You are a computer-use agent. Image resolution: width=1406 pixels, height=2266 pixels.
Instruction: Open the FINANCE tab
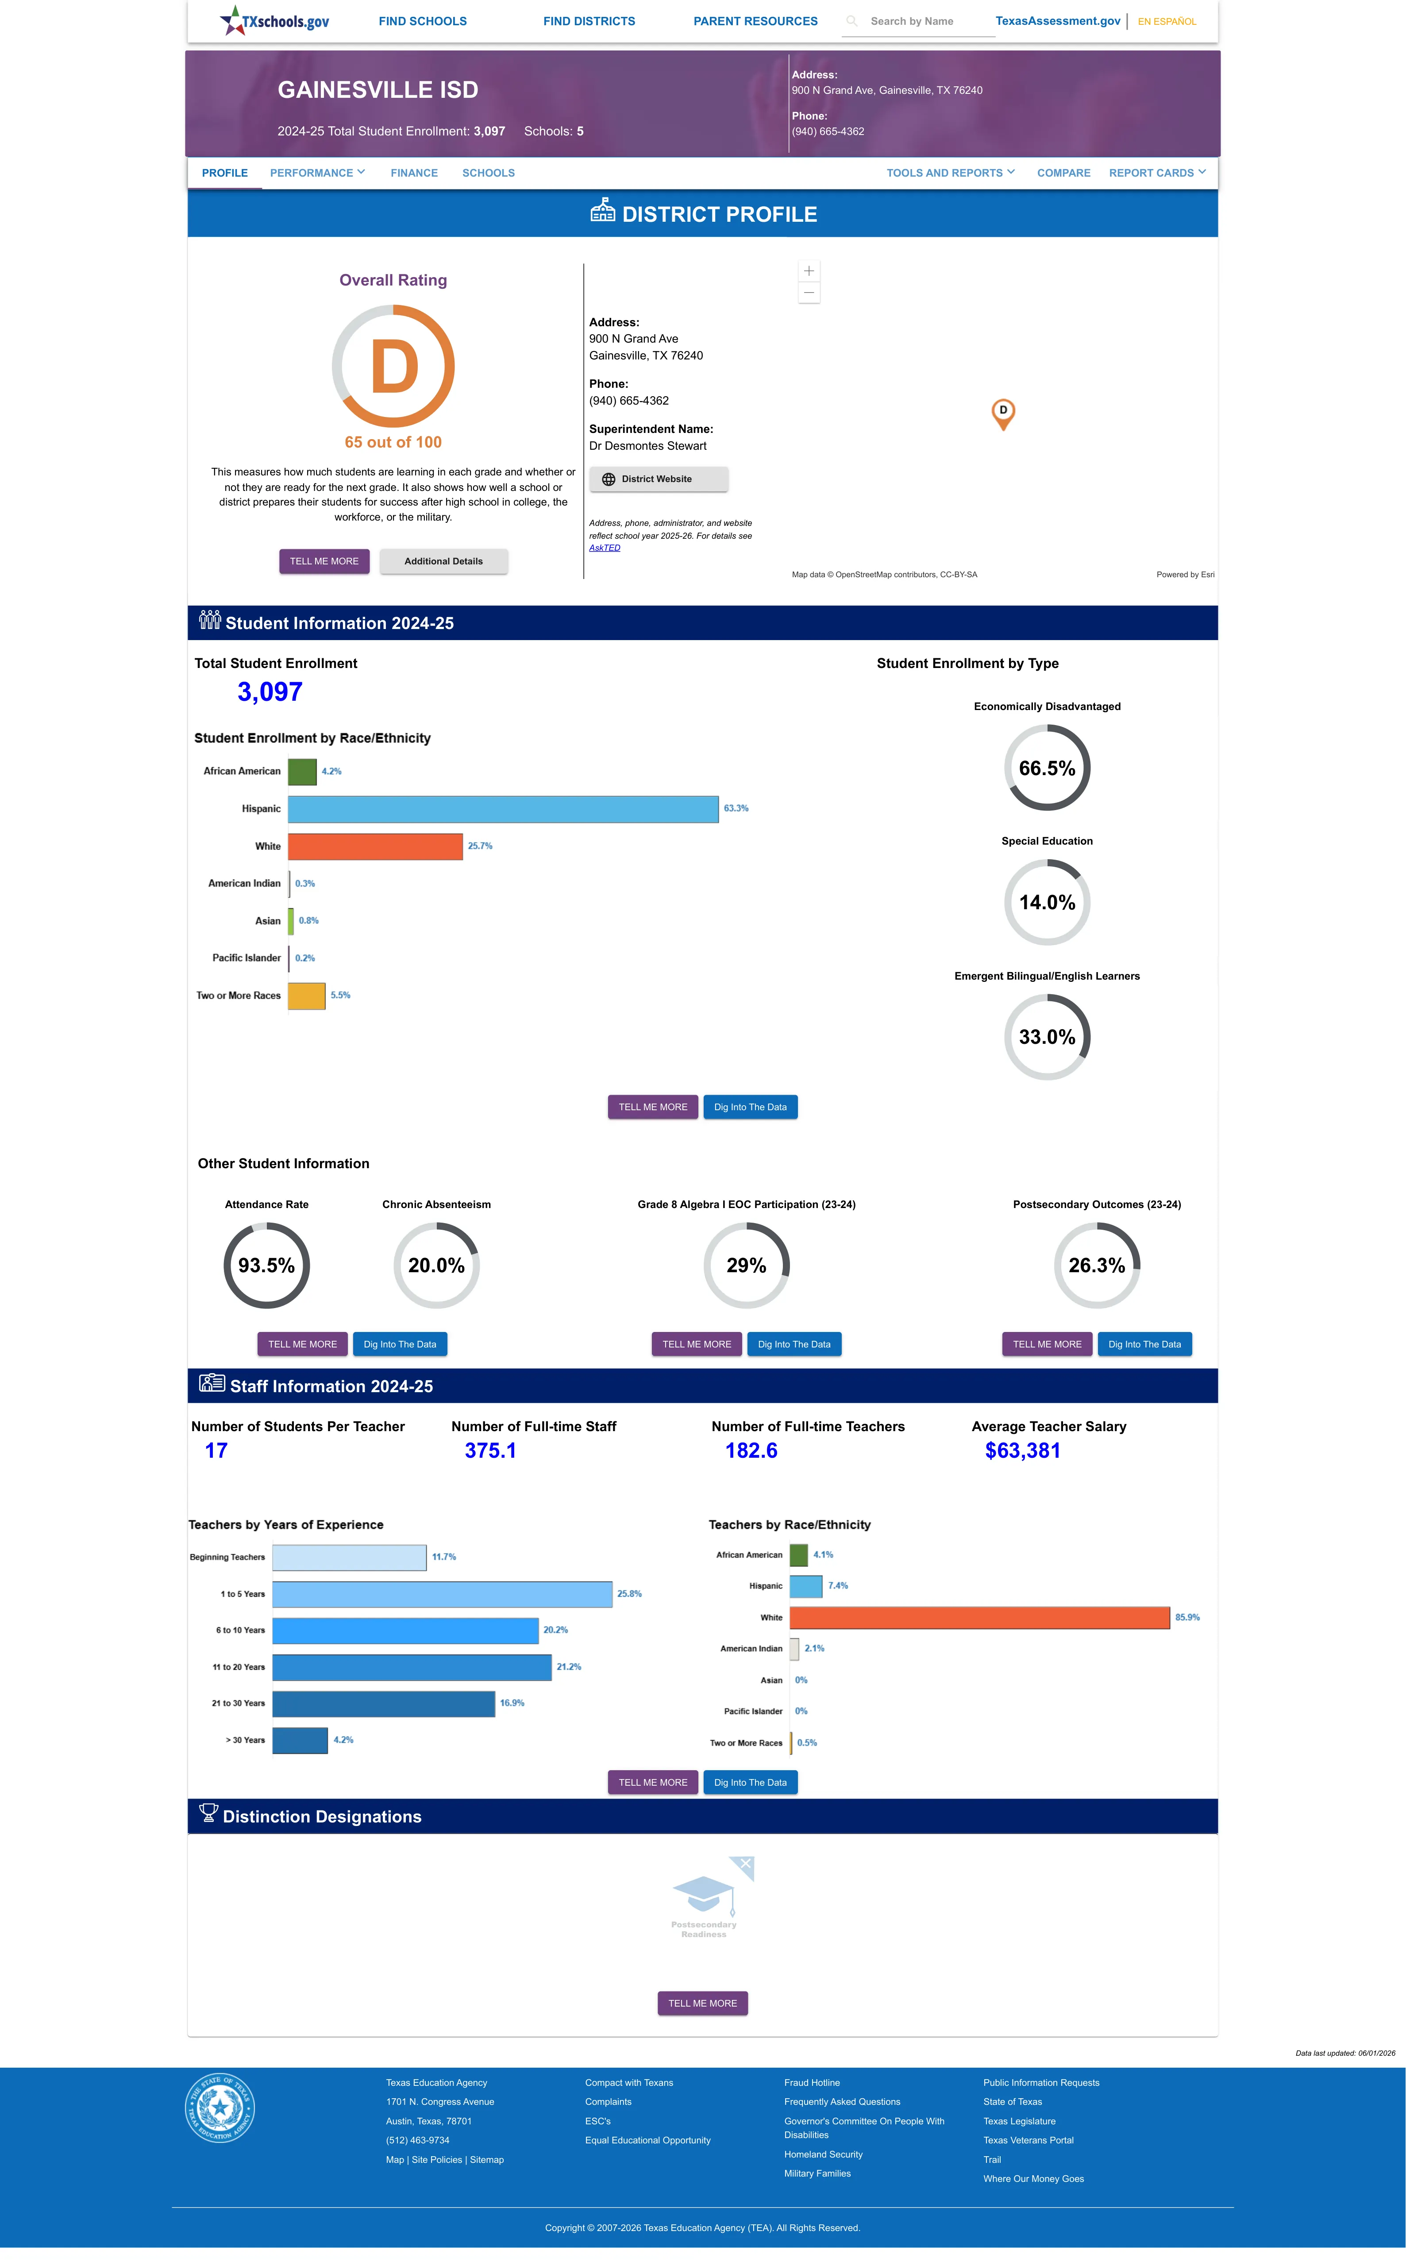coord(414,173)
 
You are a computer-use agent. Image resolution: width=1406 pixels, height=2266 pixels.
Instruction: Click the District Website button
coord(659,479)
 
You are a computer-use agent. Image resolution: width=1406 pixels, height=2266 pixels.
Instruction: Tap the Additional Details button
coord(443,562)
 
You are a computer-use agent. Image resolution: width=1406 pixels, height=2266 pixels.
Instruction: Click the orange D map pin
coord(1002,414)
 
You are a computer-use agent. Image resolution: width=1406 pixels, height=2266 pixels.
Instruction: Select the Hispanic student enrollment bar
coord(503,809)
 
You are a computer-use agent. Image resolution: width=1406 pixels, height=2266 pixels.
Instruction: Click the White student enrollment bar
coord(375,846)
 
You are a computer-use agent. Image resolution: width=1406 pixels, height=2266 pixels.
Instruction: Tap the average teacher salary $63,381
coord(1022,1451)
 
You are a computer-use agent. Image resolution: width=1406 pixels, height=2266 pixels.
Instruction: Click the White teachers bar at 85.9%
coord(979,1617)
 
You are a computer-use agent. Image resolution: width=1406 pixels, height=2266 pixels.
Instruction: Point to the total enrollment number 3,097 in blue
coord(270,692)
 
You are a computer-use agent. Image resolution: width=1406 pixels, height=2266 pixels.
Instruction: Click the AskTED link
coord(605,548)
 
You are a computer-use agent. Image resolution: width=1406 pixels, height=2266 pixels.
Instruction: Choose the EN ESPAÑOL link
coord(1167,21)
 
